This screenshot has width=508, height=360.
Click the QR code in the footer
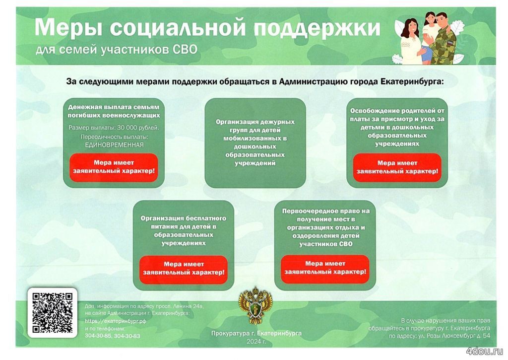coord(52,313)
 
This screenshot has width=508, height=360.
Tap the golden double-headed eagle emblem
coord(255,306)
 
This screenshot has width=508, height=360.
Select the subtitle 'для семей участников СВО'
coord(116,50)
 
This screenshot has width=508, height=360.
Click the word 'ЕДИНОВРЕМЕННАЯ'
coord(114,145)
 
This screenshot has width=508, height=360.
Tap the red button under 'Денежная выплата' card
coord(114,167)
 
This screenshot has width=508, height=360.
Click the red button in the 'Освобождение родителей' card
coord(397,167)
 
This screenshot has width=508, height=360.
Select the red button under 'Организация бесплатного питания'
coord(184,269)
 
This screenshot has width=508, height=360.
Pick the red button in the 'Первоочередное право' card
coord(325,269)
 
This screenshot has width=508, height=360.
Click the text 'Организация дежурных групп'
coord(255,126)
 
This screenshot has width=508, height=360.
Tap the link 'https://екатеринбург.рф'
coord(115,321)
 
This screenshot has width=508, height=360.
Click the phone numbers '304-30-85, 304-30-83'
coord(113,336)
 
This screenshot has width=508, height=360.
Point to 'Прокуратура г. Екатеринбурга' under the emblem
coord(256,333)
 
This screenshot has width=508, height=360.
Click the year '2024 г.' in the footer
coord(256,342)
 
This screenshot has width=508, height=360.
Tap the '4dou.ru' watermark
coord(484,351)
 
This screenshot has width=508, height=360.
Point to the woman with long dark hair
coord(411,42)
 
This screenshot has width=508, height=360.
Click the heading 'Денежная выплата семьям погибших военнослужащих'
coord(114,111)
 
